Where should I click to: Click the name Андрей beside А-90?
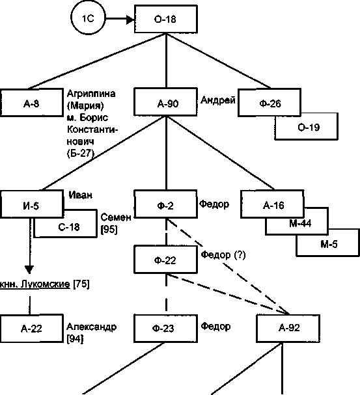(217, 100)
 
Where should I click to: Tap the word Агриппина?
(91, 94)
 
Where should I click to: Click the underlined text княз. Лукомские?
(35, 284)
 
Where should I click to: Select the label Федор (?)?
(223, 255)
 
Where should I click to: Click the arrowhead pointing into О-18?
(130, 19)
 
